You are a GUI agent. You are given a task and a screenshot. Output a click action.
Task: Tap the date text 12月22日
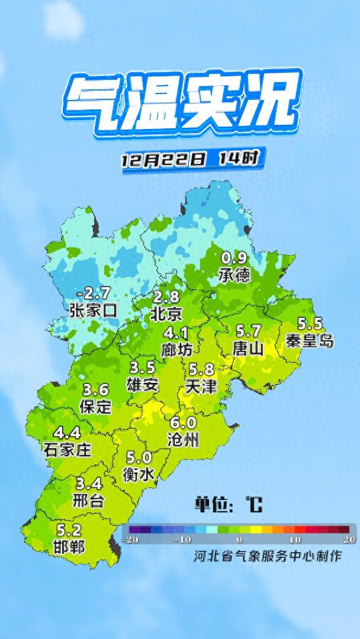[164, 160]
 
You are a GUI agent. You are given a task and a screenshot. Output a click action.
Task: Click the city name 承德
[234, 275]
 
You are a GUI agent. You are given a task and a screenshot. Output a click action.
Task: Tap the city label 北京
[166, 312]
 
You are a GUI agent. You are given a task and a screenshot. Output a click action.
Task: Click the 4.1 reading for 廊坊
[176, 333]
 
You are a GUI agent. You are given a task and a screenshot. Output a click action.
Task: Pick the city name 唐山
[248, 347]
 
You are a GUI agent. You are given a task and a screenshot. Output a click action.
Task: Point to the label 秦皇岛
[309, 341]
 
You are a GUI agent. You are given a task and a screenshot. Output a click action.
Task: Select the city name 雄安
[143, 383]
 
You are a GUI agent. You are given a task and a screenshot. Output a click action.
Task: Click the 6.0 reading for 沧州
[183, 423]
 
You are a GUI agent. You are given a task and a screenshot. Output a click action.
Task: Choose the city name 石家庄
[67, 449]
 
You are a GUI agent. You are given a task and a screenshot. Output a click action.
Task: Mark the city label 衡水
[139, 474]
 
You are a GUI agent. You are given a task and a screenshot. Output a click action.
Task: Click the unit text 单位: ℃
[228, 505]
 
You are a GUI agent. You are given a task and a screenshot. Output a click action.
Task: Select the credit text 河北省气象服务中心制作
[267, 556]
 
